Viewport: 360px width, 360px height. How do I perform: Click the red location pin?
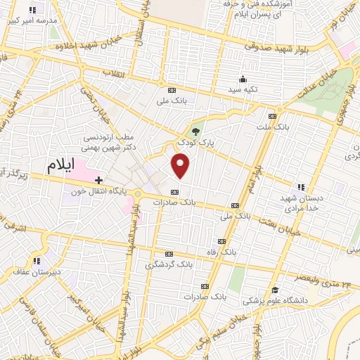181,166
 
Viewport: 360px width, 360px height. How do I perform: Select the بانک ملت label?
274,127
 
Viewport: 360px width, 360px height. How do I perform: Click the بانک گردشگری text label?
169,264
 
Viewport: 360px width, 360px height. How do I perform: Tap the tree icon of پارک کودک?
196,130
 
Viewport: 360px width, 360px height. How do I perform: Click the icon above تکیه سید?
243,79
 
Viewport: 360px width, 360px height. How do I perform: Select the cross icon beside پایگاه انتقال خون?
98,181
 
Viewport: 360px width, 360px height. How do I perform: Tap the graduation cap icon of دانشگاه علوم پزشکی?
276,290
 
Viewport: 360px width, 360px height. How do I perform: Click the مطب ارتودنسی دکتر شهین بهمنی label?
105,143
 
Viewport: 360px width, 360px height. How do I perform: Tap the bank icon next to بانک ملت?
273,116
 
